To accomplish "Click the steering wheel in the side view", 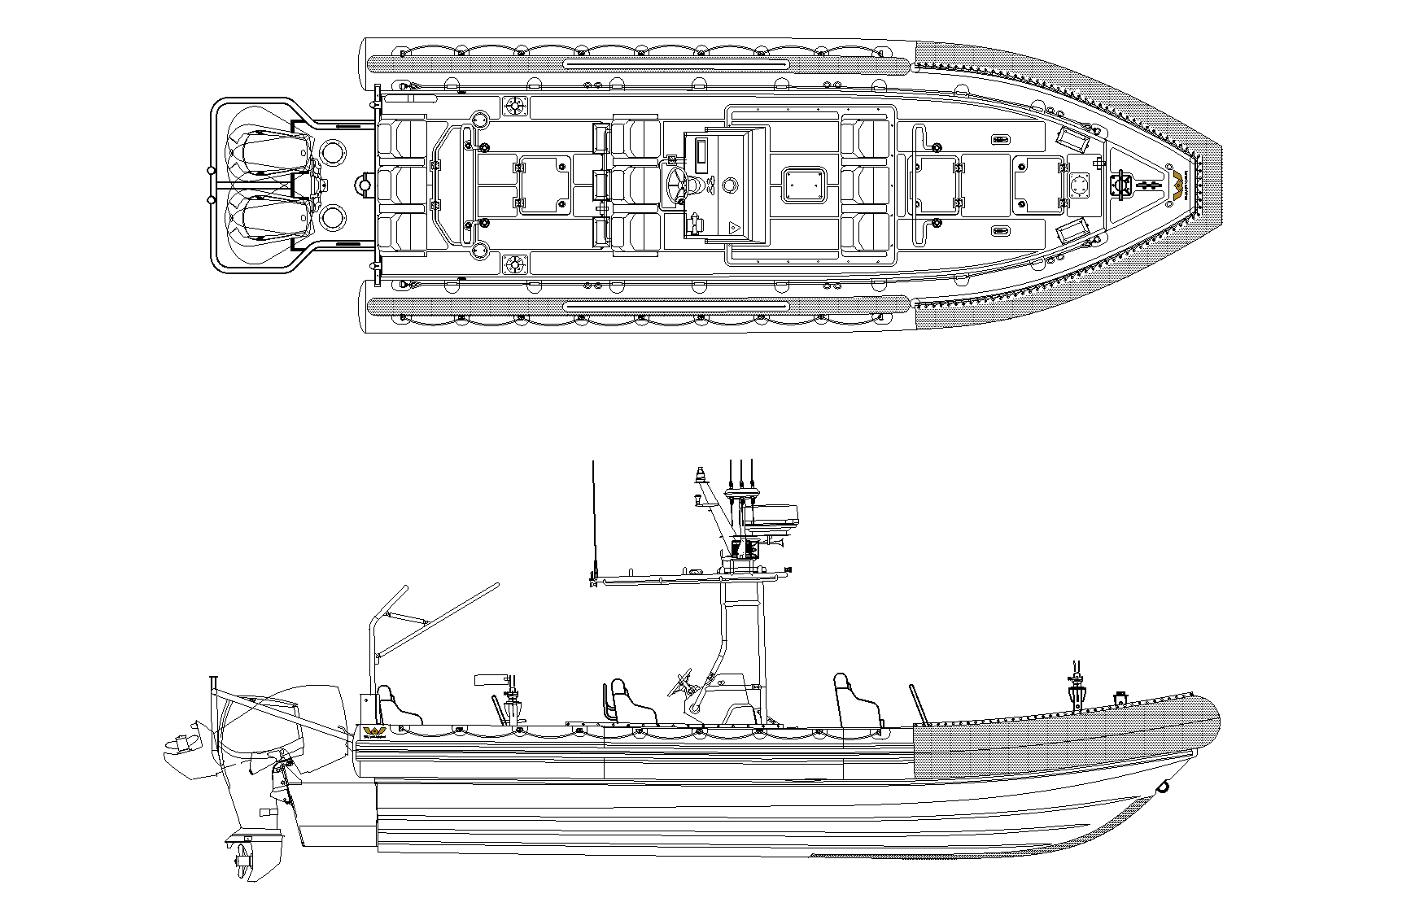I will [681, 683].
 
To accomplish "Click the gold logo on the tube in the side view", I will [376, 731].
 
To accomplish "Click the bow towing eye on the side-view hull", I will [1164, 787].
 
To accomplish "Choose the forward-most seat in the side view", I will [854, 700].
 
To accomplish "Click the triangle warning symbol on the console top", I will [733, 229].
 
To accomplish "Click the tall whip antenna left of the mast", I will [595, 521].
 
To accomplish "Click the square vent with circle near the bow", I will [1081, 186].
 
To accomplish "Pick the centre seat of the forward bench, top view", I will [866, 186].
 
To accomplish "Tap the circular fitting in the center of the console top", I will [729, 186].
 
